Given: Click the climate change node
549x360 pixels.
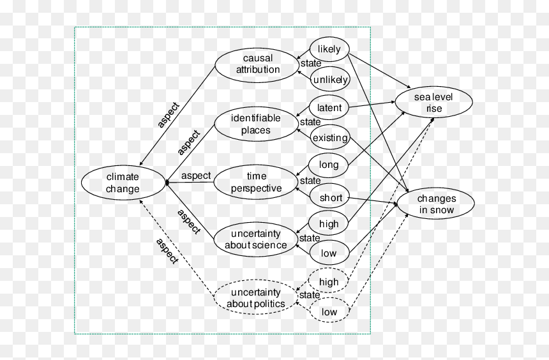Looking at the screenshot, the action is click(123, 183).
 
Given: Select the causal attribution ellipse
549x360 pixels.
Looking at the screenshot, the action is click(257, 66).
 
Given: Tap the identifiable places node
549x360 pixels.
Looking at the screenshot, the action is click(256, 124).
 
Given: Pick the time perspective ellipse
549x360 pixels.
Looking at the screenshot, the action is click(255, 182).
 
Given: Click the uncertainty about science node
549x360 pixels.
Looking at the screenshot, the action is click(255, 239).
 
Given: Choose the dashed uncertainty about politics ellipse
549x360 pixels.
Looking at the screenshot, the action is click(255, 297).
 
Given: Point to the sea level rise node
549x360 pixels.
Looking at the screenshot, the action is click(434, 102).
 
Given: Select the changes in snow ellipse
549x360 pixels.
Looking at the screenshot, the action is click(436, 204).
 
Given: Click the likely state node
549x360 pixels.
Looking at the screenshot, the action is click(329, 49).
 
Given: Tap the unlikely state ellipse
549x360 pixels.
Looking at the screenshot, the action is click(330, 80).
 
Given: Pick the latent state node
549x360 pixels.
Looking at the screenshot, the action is click(329, 107).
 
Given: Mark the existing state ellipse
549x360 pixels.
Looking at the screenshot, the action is click(330, 137).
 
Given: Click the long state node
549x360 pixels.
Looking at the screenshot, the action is click(328, 165).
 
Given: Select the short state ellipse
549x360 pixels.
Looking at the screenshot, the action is click(330, 197).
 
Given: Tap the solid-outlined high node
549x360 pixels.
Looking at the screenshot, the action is click(328, 223).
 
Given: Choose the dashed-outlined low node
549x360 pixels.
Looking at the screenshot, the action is click(329, 311).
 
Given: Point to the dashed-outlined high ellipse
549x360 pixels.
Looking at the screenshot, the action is click(328, 281).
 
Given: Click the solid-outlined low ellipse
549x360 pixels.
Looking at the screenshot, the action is click(329, 253).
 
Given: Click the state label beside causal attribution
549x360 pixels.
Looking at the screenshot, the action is click(311, 63).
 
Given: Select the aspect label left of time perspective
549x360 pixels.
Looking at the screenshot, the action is click(196, 176).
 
